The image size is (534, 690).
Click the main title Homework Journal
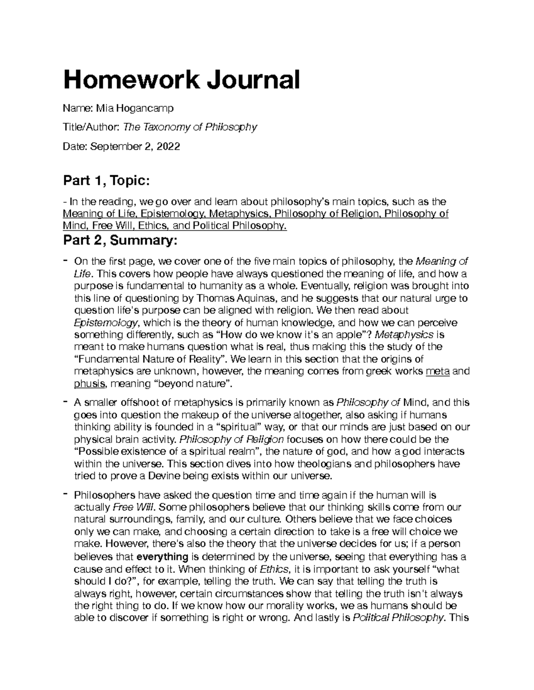click(x=182, y=80)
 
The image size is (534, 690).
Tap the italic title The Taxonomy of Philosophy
click(x=190, y=127)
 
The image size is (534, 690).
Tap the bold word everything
click(x=162, y=557)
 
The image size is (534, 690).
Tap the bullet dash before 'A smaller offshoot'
click(x=65, y=402)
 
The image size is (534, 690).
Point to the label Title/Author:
click(x=91, y=128)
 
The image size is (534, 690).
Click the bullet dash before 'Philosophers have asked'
click(x=65, y=494)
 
